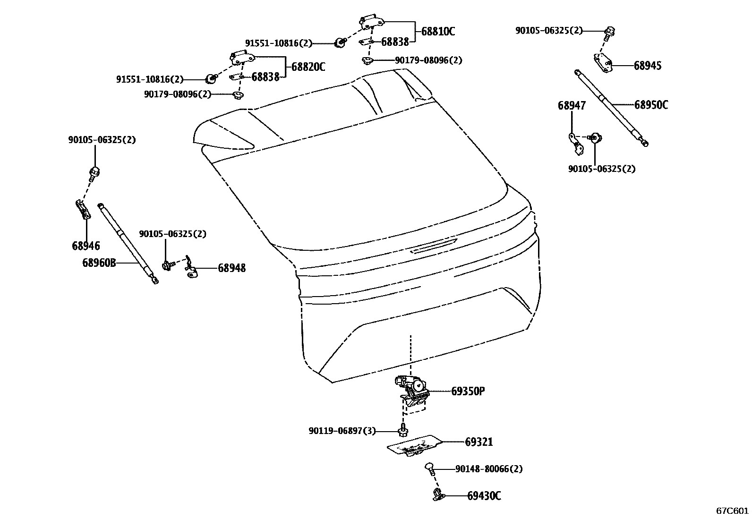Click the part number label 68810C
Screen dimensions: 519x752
point(437,32)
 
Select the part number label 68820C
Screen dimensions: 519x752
point(308,67)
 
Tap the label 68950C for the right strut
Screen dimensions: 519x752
point(651,105)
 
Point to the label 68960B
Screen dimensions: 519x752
point(99,263)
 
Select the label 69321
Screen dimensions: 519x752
point(479,442)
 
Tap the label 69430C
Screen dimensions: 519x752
point(484,496)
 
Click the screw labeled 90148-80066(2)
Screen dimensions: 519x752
point(429,468)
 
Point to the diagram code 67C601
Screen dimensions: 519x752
point(732,510)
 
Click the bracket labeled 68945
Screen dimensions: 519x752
point(603,63)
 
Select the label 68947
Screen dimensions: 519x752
point(571,105)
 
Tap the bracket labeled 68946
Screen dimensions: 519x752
point(83,210)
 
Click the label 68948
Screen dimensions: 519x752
point(231,268)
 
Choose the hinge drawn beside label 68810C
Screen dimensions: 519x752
point(372,22)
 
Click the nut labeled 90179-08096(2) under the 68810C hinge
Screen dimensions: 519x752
point(367,60)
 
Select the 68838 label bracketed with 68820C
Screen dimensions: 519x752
point(265,77)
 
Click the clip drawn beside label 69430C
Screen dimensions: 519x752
point(438,495)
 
